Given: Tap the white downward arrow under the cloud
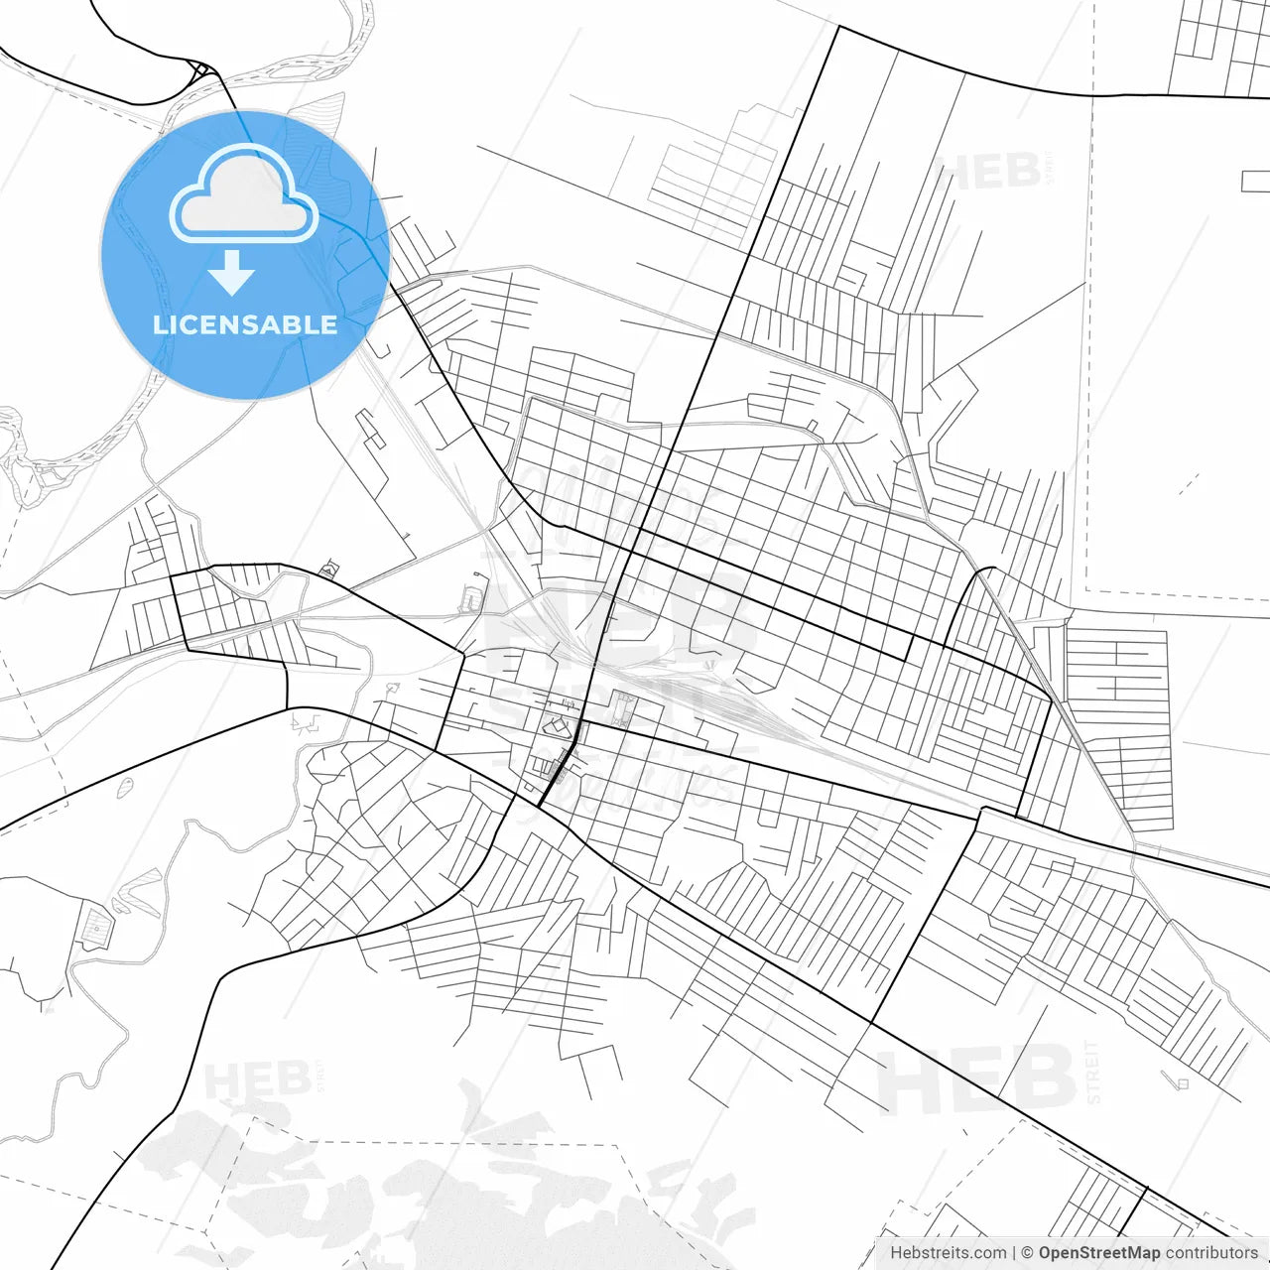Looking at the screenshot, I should pyautogui.click(x=232, y=273).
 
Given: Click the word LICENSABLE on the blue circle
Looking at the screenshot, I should pyautogui.click(x=244, y=324).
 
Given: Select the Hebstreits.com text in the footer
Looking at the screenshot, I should pyautogui.click(x=948, y=1253).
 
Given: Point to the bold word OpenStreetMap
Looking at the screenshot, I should pyautogui.click(x=1098, y=1253).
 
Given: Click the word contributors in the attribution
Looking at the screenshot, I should pyautogui.click(x=1210, y=1253).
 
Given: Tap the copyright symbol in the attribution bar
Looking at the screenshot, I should pyautogui.click(x=1028, y=1253).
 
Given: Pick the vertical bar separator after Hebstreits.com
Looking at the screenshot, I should pyautogui.click(x=1015, y=1253).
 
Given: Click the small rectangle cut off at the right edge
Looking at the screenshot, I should pyautogui.click(x=1256, y=181).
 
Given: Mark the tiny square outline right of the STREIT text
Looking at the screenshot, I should pyautogui.click(x=1182, y=1083).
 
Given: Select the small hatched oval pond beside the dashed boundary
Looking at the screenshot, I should pyautogui.click(x=125, y=788).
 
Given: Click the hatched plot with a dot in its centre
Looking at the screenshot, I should pyautogui.click(x=97, y=928).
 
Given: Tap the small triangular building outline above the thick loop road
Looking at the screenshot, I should pyautogui.click(x=328, y=570).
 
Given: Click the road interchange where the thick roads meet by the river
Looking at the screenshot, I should pyautogui.click(x=202, y=69).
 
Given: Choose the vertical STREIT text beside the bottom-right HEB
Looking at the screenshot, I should pyautogui.click(x=1093, y=1072).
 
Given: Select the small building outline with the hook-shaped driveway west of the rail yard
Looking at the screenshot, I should pyautogui.click(x=471, y=599).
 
